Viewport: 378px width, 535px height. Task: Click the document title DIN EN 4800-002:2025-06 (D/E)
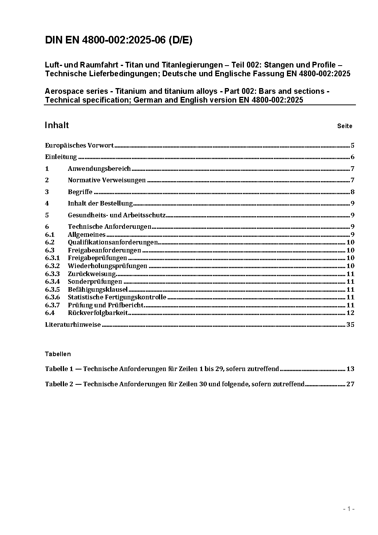119,40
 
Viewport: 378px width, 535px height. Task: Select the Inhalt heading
57,125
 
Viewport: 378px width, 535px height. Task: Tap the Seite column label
344,126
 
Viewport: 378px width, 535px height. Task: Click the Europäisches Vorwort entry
79,145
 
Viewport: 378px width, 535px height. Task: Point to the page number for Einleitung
352,157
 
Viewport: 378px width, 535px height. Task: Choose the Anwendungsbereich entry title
99,169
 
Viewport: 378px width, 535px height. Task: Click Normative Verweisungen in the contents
107,180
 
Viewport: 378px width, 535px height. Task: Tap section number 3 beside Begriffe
47,192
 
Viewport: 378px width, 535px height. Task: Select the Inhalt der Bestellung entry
100,203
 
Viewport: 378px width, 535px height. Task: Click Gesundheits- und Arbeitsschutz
117,215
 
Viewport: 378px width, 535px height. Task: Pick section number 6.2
50,242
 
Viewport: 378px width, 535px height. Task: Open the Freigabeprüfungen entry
97,258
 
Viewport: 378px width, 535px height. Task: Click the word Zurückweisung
91,274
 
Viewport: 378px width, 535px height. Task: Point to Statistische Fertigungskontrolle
117,297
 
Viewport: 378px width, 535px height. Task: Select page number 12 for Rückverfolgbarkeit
350,313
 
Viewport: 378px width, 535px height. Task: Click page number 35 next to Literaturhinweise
350,325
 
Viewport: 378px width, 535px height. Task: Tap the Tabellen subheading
58,354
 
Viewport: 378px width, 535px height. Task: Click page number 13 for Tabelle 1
350,369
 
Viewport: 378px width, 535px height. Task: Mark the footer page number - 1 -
349,509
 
